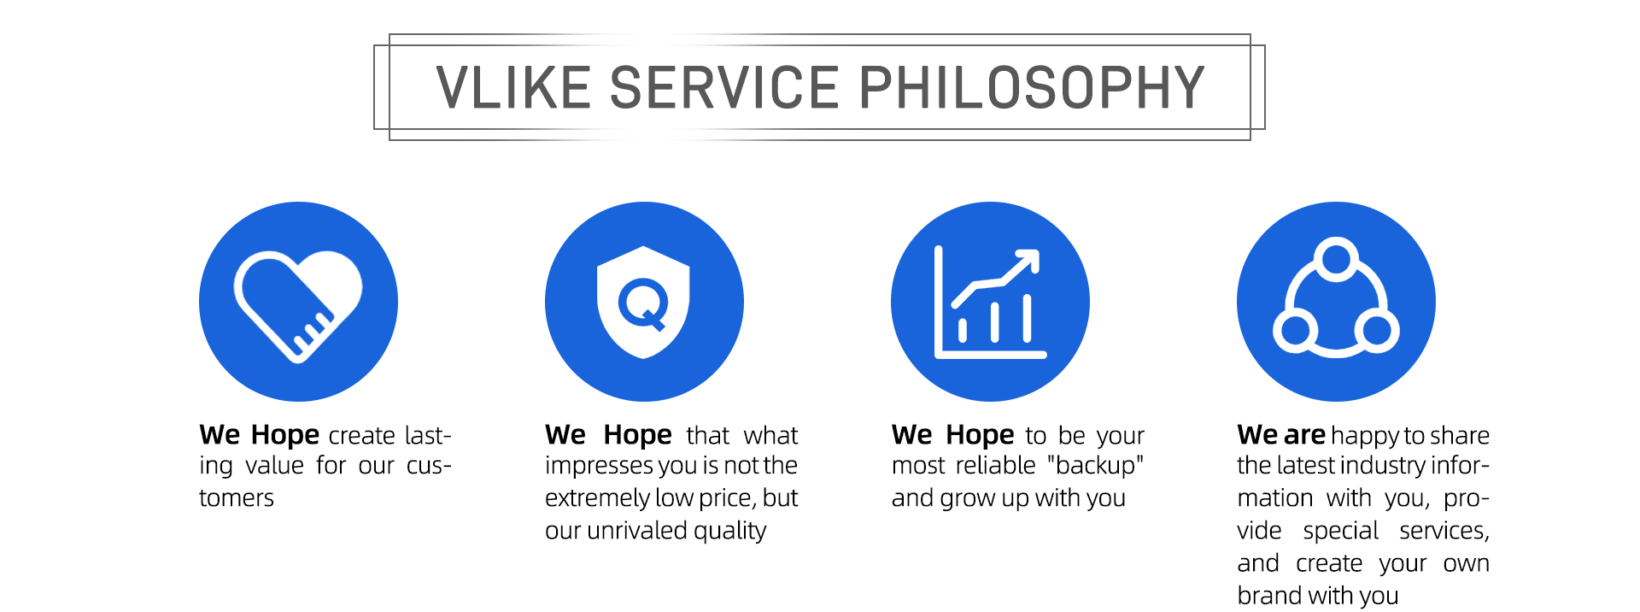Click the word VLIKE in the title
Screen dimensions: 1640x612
coord(514,87)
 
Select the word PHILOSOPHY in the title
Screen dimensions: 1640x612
coord(1032,87)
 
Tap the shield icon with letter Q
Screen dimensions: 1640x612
coord(643,302)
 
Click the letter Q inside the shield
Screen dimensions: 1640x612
coord(643,304)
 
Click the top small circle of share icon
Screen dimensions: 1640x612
coord(1336,259)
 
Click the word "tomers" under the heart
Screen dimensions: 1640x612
coord(237,498)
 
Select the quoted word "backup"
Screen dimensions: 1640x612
coord(1096,466)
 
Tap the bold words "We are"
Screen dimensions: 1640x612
coord(1281,435)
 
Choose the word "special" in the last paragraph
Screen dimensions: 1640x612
coord(1340,531)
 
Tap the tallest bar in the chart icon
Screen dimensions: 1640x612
coord(1027,318)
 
